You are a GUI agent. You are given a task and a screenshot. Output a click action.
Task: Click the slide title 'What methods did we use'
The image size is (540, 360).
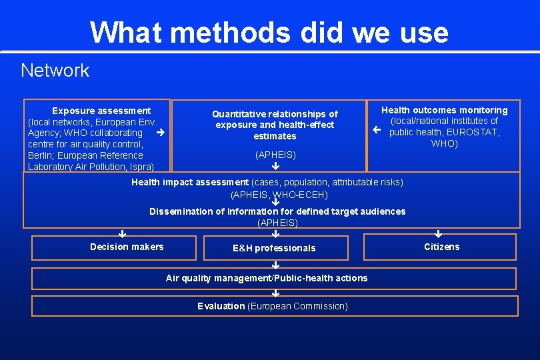(269, 31)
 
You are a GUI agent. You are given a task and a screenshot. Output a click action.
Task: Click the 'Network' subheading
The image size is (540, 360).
(55, 70)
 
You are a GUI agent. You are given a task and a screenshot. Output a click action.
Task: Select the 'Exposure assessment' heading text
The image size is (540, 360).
(101, 111)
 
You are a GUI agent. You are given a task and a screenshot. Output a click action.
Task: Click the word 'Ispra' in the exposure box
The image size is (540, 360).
(140, 167)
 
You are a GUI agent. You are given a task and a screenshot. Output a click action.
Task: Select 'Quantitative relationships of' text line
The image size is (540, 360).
(275, 114)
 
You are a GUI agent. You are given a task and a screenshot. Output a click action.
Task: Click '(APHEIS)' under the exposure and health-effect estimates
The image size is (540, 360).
(275, 155)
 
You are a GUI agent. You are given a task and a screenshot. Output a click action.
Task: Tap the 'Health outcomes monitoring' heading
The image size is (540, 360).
(444, 110)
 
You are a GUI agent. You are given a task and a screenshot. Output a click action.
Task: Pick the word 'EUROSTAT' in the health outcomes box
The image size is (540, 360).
(471, 132)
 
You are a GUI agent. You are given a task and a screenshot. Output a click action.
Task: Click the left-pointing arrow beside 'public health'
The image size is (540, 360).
(377, 131)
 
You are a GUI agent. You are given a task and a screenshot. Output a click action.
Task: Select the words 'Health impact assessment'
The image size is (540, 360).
(189, 182)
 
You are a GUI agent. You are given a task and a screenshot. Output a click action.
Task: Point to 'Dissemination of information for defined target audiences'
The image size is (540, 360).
(277, 211)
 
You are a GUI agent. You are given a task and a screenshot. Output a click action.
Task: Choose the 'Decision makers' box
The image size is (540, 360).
(127, 247)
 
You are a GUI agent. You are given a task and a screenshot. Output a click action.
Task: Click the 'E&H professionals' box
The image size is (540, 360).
(274, 248)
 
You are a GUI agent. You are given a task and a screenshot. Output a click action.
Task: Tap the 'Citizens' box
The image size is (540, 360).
(441, 247)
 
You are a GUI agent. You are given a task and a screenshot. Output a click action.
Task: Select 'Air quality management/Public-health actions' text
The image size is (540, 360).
(267, 278)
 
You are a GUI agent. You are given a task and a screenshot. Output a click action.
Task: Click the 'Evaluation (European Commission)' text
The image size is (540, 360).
(273, 306)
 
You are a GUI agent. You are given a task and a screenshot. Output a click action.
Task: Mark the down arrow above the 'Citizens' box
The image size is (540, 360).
(438, 233)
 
